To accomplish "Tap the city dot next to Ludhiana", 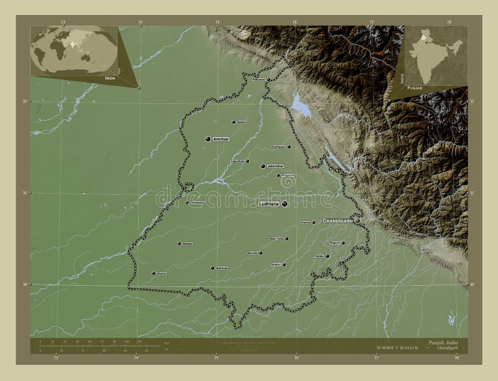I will [284, 204].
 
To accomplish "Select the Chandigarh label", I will [338, 220].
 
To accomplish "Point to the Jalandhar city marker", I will [263, 166].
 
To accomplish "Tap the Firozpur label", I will [196, 202].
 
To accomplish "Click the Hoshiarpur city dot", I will [289, 147].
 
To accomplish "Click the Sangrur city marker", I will [283, 265].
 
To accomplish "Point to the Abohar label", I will [161, 273].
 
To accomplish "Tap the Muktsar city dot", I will [179, 243].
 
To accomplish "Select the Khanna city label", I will [306, 222].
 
